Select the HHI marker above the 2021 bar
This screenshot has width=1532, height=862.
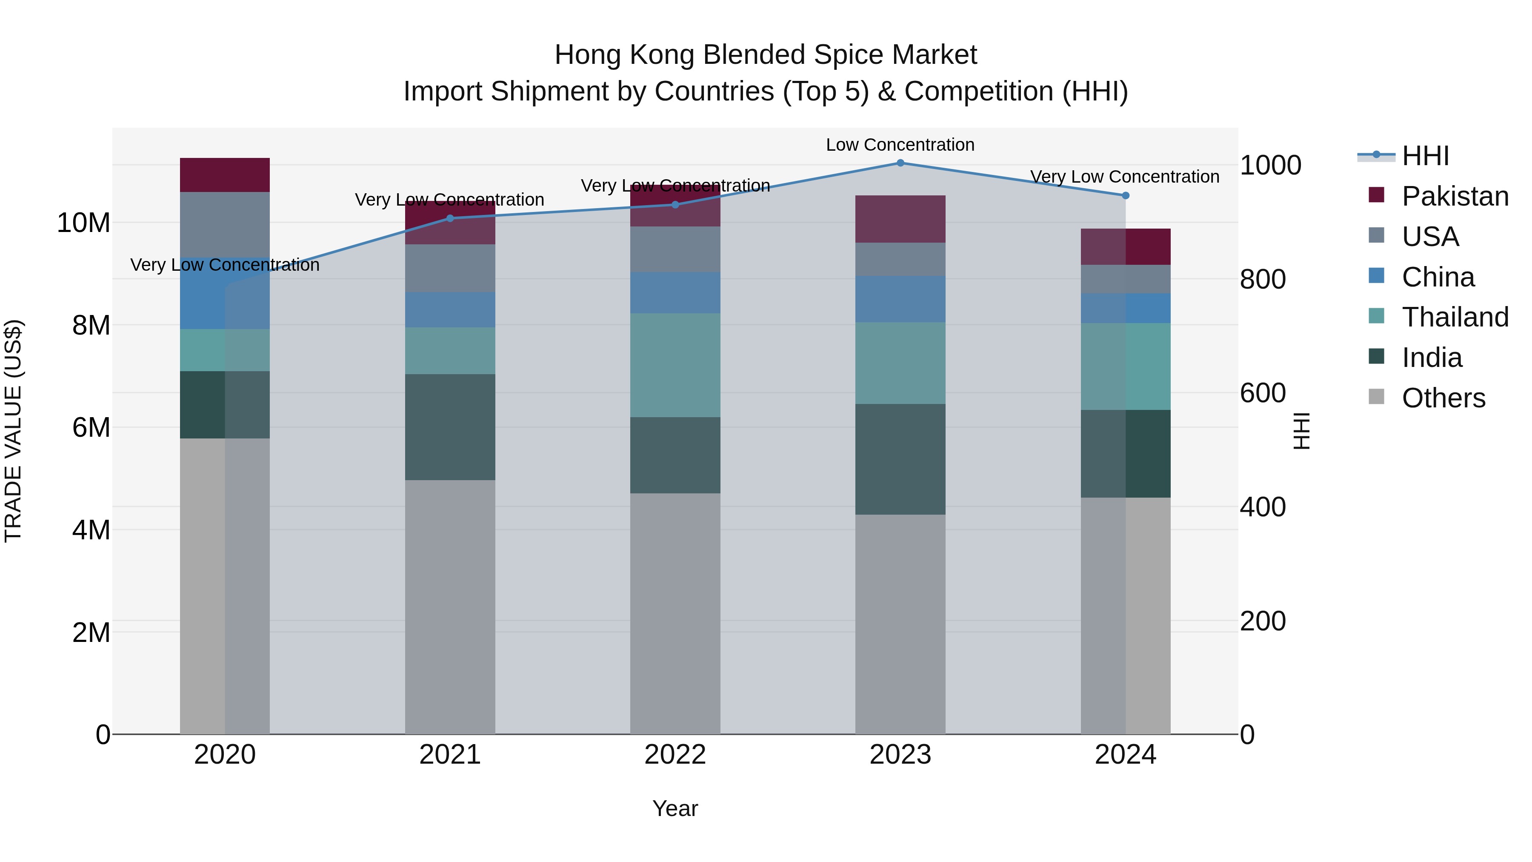pyautogui.click(x=450, y=218)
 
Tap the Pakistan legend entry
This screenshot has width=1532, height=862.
pyautogui.click(x=1455, y=196)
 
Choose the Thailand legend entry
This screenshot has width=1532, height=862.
pyautogui.click(x=1455, y=317)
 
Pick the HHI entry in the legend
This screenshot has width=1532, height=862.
pyautogui.click(x=1425, y=156)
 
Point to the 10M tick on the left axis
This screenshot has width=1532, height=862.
pyautogui.click(x=83, y=223)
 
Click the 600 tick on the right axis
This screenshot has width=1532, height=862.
pyautogui.click(x=1263, y=393)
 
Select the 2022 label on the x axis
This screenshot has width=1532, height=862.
pyautogui.click(x=675, y=755)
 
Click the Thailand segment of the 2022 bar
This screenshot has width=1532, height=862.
pyautogui.click(x=675, y=365)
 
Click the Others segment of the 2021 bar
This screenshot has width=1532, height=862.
pyautogui.click(x=450, y=607)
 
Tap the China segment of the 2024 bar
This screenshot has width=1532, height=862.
pyautogui.click(x=1125, y=308)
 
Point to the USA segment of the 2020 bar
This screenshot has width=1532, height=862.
pyautogui.click(x=225, y=224)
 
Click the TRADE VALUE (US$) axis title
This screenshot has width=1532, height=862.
pyautogui.click(x=13, y=431)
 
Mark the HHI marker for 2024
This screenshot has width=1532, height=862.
pyautogui.click(x=1125, y=196)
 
